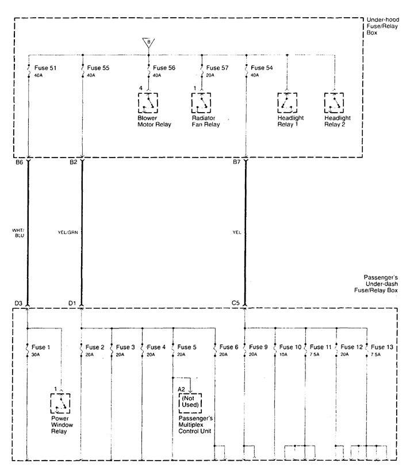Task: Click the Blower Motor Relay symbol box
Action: click(149, 103)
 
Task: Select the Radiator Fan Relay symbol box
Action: click(202, 103)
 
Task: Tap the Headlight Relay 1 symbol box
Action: click(287, 103)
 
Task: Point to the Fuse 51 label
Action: click(45, 68)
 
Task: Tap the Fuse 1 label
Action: click(41, 347)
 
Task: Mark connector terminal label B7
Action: click(236, 163)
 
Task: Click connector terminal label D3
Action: click(18, 303)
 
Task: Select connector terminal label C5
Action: click(236, 303)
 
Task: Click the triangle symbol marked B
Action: click(149, 42)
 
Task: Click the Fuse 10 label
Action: click(290, 347)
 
